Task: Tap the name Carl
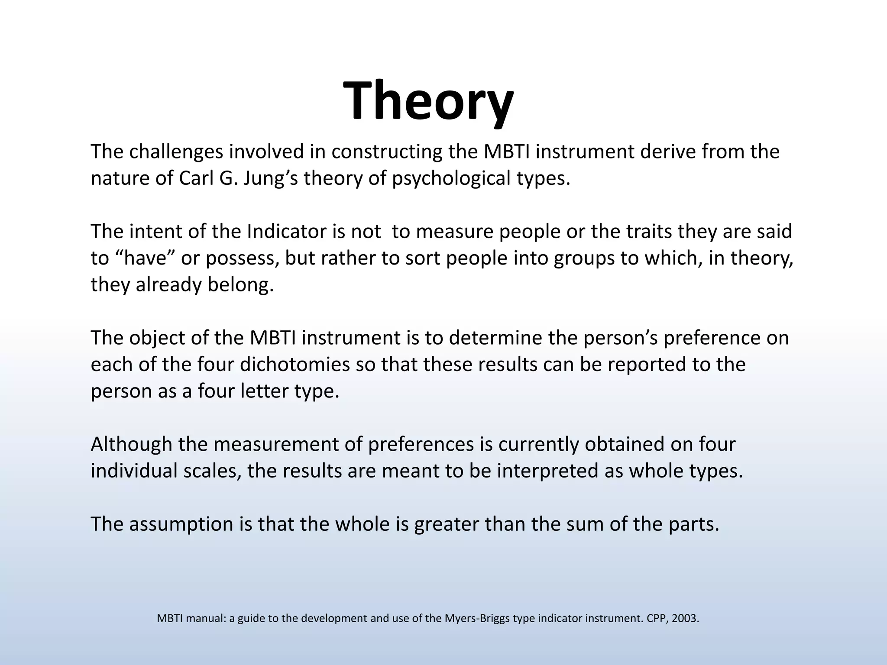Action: [x=195, y=178]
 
